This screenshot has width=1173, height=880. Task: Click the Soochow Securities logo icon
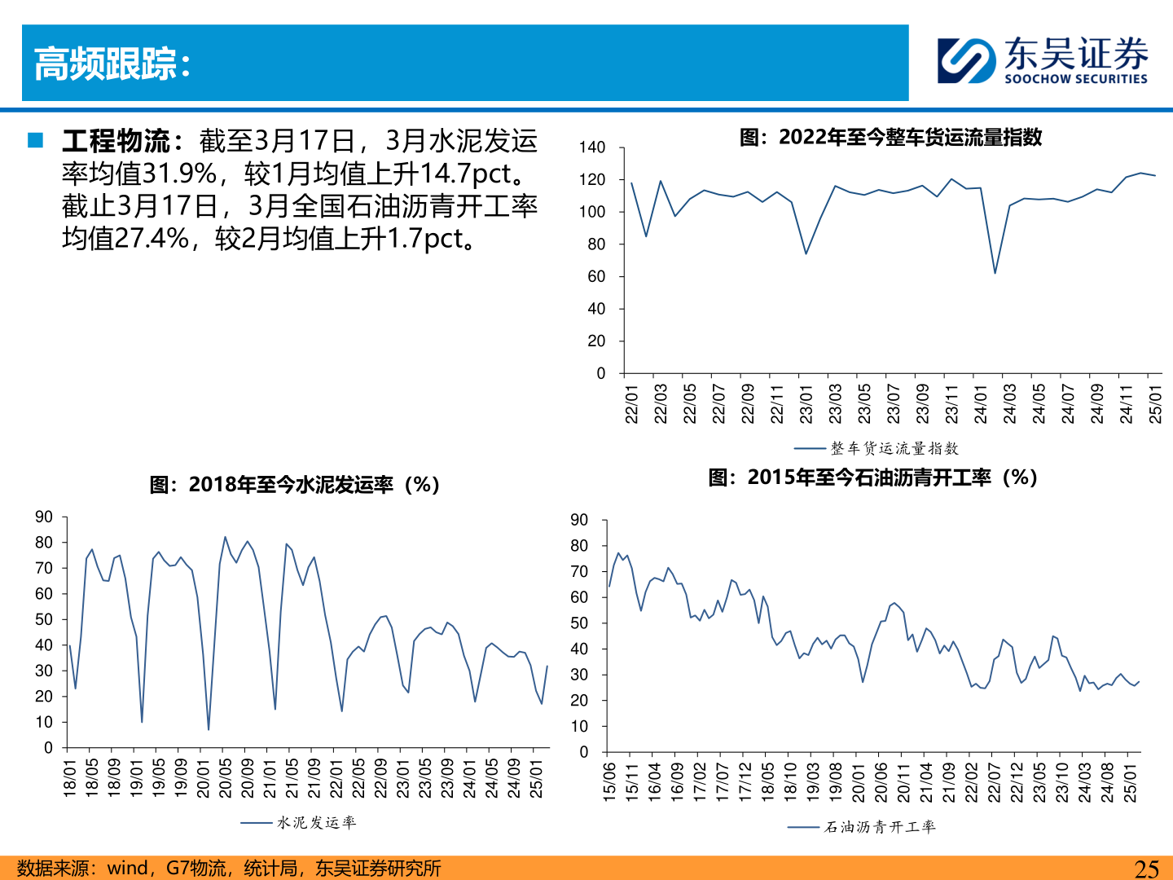pyautogui.click(x=966, y=60)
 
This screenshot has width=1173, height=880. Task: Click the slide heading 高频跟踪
pyautogui.click(x=112, y=64)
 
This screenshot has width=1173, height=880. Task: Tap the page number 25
pyautogui.click(x=1146, y=869)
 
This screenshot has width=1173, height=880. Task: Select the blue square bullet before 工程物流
pyautogui.click(x=35, y=140)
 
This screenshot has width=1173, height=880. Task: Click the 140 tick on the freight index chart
pyautogui.click(x=592, y=147)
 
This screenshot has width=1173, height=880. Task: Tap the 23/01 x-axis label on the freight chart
pyautogui.click(x=806, y=404)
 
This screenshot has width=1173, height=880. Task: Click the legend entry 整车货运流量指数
pyautogui.click(x=894, y=448)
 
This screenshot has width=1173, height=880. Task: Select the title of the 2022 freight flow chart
pyautogui.click(x=890, y=137)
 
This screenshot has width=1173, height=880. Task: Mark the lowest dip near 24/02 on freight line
pyautogui.click(x=995, y=272)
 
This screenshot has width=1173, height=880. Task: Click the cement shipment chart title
pyautogui.click(x=295, y=485)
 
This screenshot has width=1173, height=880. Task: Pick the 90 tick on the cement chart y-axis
pyautogui.click(x=44, y=517)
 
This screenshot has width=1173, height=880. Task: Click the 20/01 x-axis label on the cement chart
pyautogui.click(x=204, y=778)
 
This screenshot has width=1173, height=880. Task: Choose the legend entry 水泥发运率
pyautogui.click(x=316, y=823)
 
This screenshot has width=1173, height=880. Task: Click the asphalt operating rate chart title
pyautogui.click(x=872, y=477)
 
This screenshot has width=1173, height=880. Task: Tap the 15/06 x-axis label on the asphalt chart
pyautogui.click(x=609, y=782)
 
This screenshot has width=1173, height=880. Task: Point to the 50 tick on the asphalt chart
pyautogui.click(x=579, y=623)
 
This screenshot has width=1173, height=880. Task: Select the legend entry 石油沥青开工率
pyautogui.click(x=880, y=827)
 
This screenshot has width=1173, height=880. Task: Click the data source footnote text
pyautogui.click(x=229, y=869)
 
